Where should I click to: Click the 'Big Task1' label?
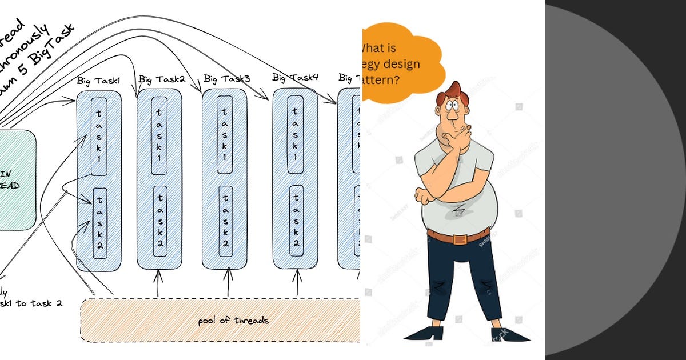point(98,81)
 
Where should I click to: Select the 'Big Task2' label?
point(162,79)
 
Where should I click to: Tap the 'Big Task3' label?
point(227,78)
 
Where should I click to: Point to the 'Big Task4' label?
point(295,77)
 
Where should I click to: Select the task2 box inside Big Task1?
point(99,223)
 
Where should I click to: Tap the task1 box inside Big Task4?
point(296,134)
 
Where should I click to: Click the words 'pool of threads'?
point(233,321)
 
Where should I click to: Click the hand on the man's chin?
point(460,136)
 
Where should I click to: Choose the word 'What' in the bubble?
point(378,49)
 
